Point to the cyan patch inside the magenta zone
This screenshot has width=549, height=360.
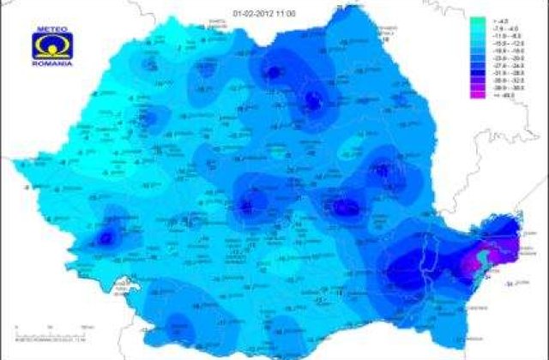[486, 255]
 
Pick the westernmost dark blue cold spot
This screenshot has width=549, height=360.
[106, 237]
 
